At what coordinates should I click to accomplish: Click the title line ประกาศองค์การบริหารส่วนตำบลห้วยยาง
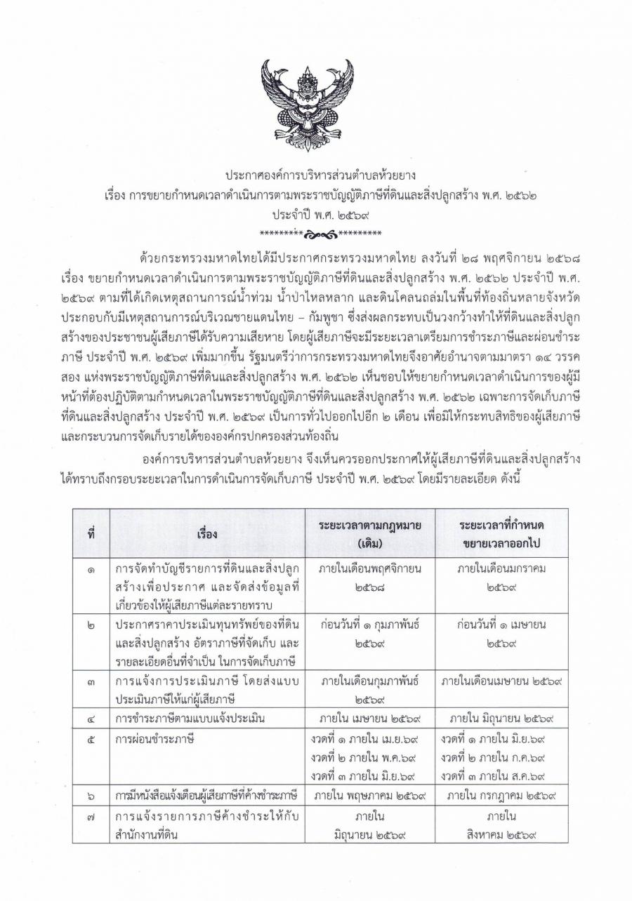tap(315, 174)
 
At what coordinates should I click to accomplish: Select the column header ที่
tap(91, 533)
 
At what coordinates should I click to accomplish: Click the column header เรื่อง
tap(207, 533)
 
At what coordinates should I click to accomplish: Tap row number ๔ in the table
tap(91, 718)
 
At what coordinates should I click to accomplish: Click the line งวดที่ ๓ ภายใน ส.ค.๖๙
tap(494, 775)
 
